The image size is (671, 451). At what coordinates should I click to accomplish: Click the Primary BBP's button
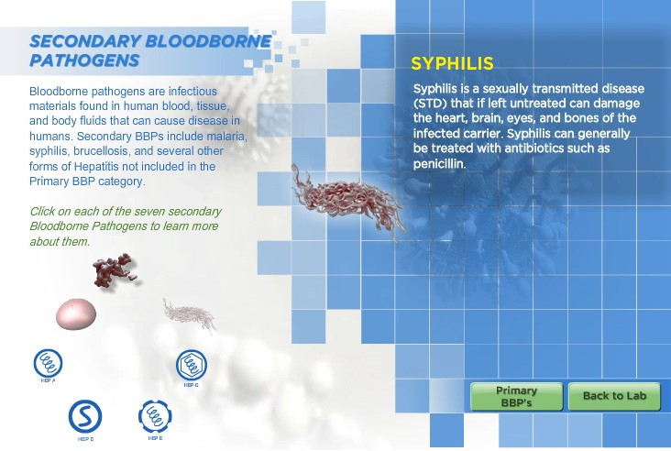[x=516, y=397]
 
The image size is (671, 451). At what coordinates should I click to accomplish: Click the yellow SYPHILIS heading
[x=452, y=64]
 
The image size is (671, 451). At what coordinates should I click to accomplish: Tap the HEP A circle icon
[x=48, y=363]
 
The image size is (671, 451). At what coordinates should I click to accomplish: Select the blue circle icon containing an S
[x=85, y=416]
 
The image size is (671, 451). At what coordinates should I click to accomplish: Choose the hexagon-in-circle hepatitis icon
[x=192, y=365]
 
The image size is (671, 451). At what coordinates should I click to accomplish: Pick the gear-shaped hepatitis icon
[x=155, y=416]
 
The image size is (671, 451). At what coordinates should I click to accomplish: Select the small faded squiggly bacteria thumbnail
[x=189, y=315]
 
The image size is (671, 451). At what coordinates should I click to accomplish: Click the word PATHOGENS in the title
[x=84, y=60]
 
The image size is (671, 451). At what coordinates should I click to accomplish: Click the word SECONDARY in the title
[x=84, y=41]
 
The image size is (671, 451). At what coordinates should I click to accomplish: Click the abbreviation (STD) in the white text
[x=430, y=104]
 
